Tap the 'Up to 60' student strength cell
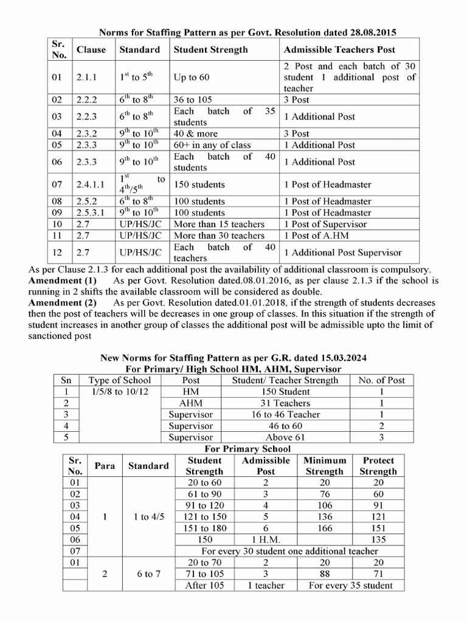click(x=192, y=78)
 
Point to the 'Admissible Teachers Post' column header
click(x=339, y=49)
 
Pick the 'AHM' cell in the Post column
click(x=191, y=403)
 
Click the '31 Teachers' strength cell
click(x=285, y=403)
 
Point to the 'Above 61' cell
click(x=285, y=437)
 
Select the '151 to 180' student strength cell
click(x=204, y=528)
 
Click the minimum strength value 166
click(x=324, y=528)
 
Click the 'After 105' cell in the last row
click(x=204, y=585)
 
